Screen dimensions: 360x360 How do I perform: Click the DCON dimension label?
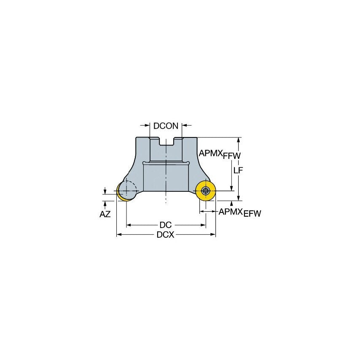[166, 126]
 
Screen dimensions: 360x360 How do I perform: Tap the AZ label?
[105, 214]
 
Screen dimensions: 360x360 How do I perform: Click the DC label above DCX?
[165, 225]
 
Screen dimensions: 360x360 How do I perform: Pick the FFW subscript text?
[232, 156]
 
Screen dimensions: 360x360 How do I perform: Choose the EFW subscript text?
[252, 214]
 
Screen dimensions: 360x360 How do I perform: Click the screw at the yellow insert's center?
[205, 191]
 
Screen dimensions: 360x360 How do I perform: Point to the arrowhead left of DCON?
[147, 125]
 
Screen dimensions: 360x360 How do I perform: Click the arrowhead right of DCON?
[184, 125]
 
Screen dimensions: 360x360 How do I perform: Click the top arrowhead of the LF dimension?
[239, 140]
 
